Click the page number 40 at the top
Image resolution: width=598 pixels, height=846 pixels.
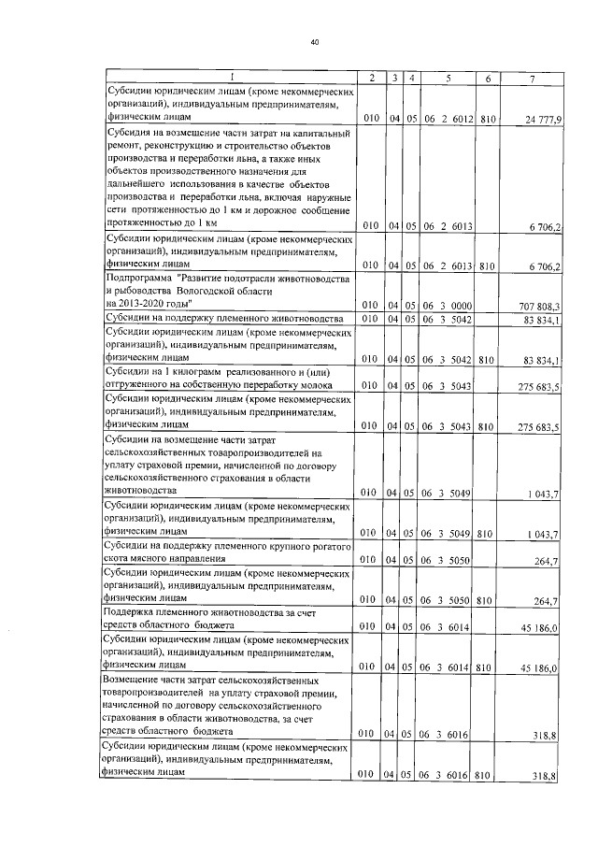point(315,40)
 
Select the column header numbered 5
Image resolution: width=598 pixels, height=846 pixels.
point(448,79)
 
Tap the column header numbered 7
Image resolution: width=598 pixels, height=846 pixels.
point(532,79)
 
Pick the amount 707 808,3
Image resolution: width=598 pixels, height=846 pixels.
point(542,306)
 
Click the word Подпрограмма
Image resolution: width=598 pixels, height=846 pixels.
point(136,280)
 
